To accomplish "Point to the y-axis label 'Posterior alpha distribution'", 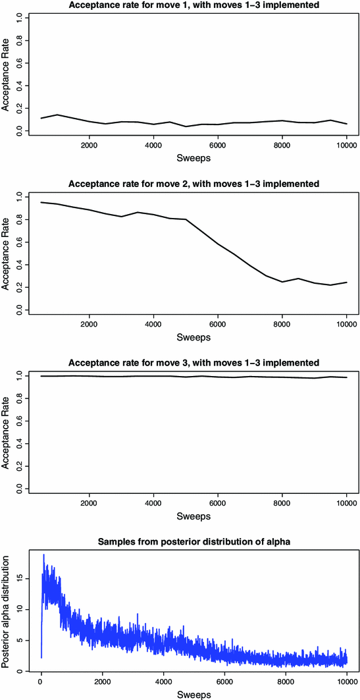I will coord(7,612).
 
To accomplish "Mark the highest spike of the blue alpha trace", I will coord(43,554).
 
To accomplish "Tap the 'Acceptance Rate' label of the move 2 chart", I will coord(7,252).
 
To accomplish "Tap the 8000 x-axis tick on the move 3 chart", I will coord(282,504).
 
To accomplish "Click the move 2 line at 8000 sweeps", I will coord(282,282).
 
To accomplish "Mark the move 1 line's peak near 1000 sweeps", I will coord(57,115).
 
